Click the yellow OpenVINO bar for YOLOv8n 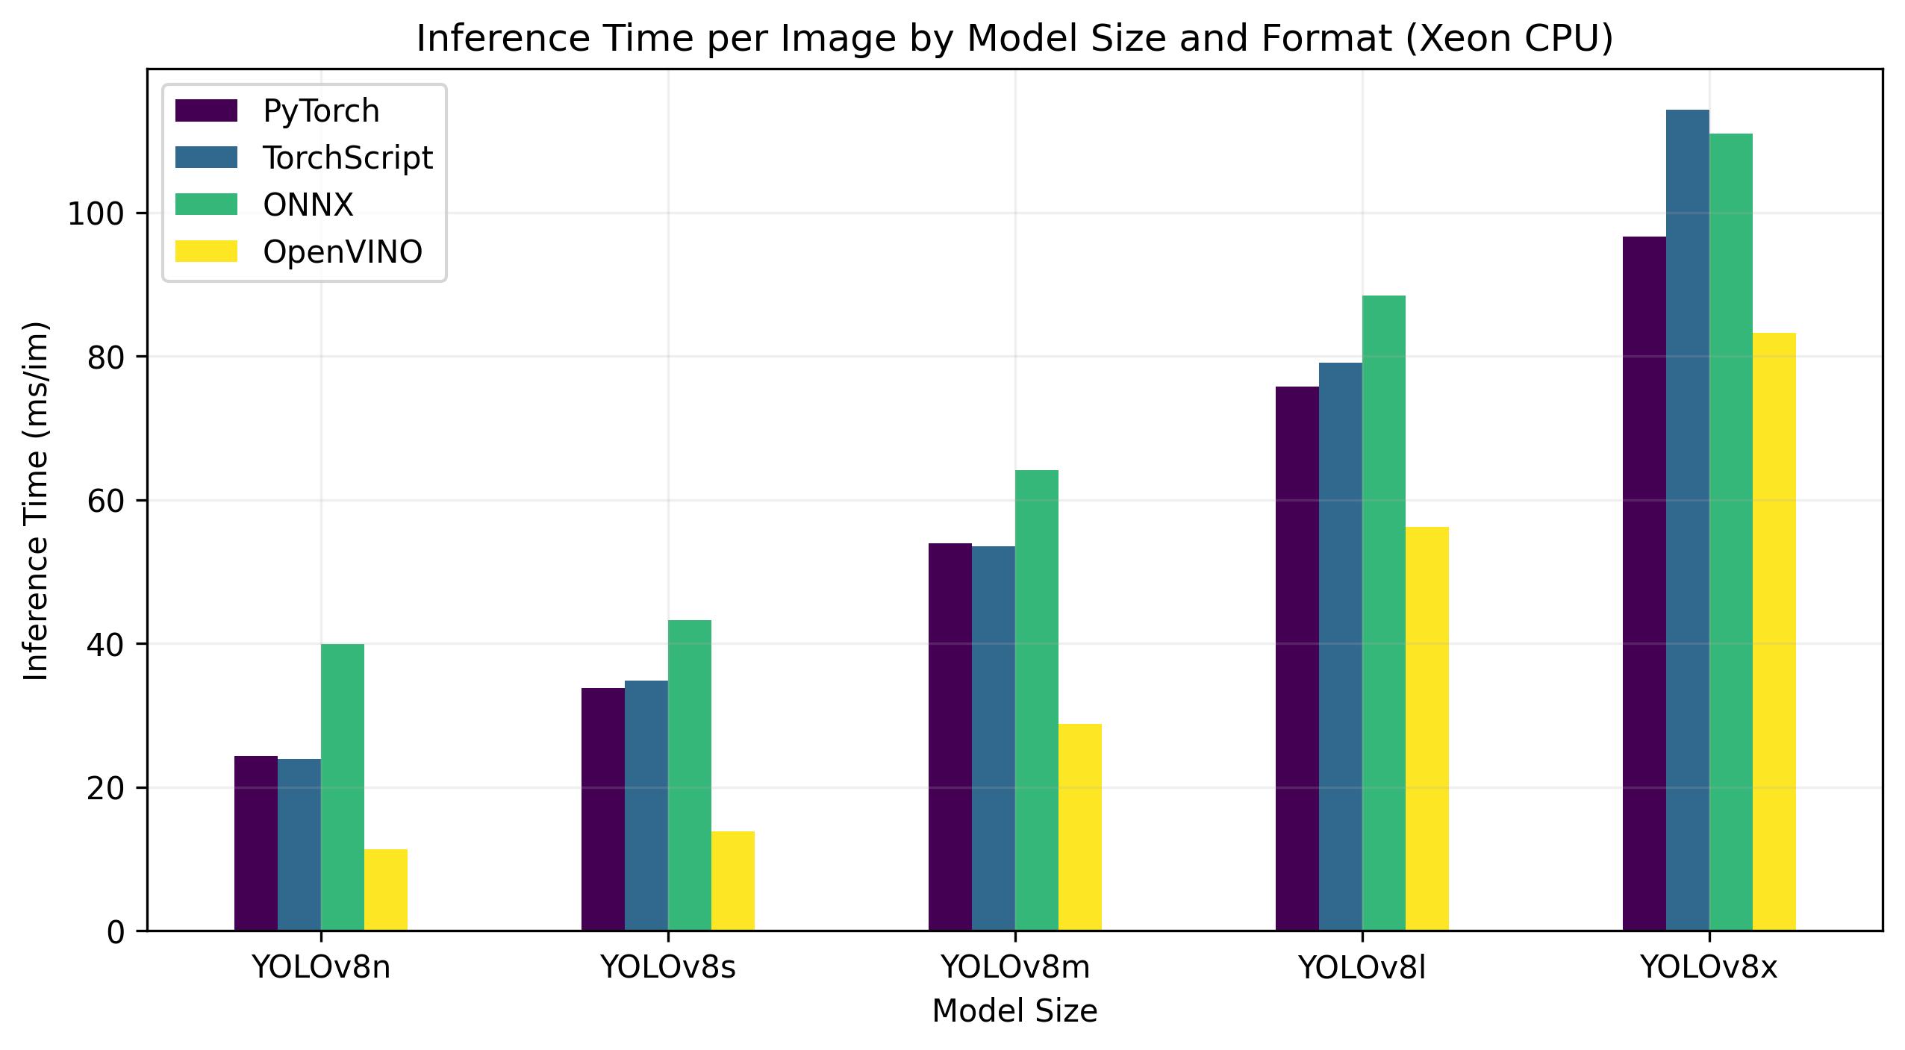point(386,890)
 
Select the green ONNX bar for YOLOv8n point(343,787)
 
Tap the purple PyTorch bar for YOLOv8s point(603,809)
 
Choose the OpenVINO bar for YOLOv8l point(1427,728)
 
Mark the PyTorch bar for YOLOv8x point(1644,584)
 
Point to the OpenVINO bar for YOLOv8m point(1080,827)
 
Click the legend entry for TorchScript point(347,158)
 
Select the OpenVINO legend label point(343,252)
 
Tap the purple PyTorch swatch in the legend point(206,111)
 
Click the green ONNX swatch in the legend point(206,205)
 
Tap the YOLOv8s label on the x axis point(668,968)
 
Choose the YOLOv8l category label point(1362,968)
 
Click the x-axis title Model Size point(1014,1012)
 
